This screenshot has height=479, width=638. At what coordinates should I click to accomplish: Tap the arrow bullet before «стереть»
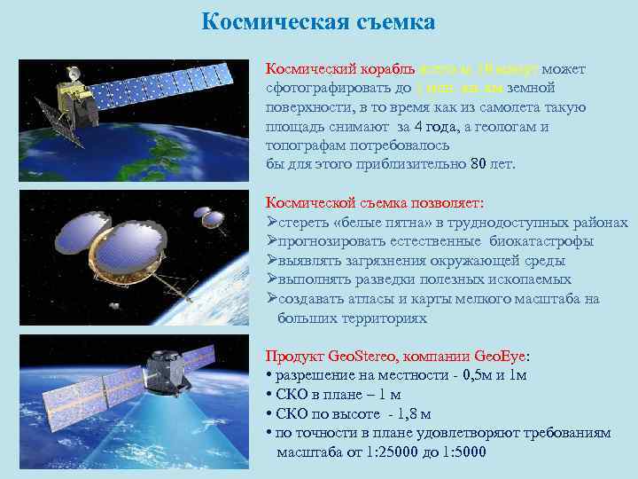(272, 222)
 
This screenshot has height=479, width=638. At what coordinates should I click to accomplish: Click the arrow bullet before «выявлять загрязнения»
(272, 261)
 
